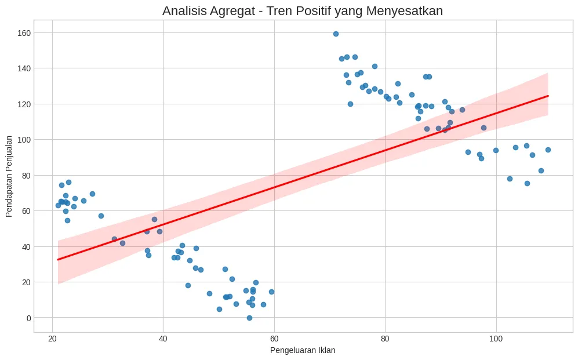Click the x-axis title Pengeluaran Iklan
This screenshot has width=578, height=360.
click(x=303, y=350)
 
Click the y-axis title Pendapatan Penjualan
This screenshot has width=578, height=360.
click(x=9, y=177)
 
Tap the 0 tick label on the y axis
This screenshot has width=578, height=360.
click(x=27, y=318)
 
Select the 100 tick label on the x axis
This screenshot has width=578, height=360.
click(x=496, y=339)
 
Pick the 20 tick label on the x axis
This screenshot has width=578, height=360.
click(x=52, y=339)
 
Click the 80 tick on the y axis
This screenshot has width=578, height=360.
click(x=24, y=175)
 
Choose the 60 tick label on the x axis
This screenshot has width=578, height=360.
click(x=274, y=339)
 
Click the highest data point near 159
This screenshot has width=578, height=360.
click(x=336, y=34)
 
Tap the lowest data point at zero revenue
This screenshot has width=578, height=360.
click(x=249, y=318)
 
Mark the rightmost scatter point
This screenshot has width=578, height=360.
click(x=548, y=150)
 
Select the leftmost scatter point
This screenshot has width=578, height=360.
click(x=58, y=205)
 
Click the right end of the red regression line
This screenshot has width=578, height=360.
click(x=548, y=96)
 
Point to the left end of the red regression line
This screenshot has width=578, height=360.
click(x=58, y=259)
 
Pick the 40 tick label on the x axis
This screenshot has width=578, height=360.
click(x=163, y=339)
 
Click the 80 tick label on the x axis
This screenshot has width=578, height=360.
click(x=385, y=339)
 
